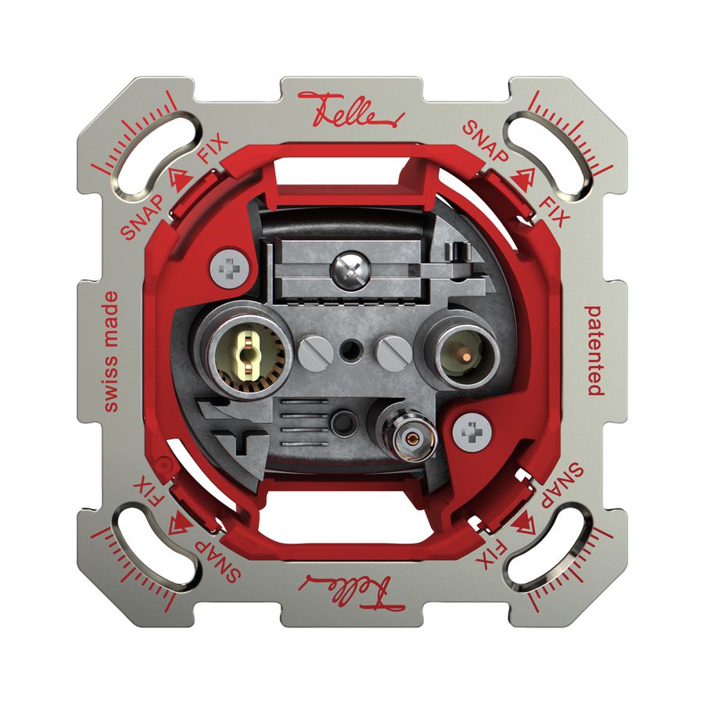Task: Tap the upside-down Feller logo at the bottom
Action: pyautogui.click(x=352, y=591)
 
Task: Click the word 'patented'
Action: pyautogui.click(x=594, y=350)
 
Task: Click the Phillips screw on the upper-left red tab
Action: pyautogui.click(x=229, y=269)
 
